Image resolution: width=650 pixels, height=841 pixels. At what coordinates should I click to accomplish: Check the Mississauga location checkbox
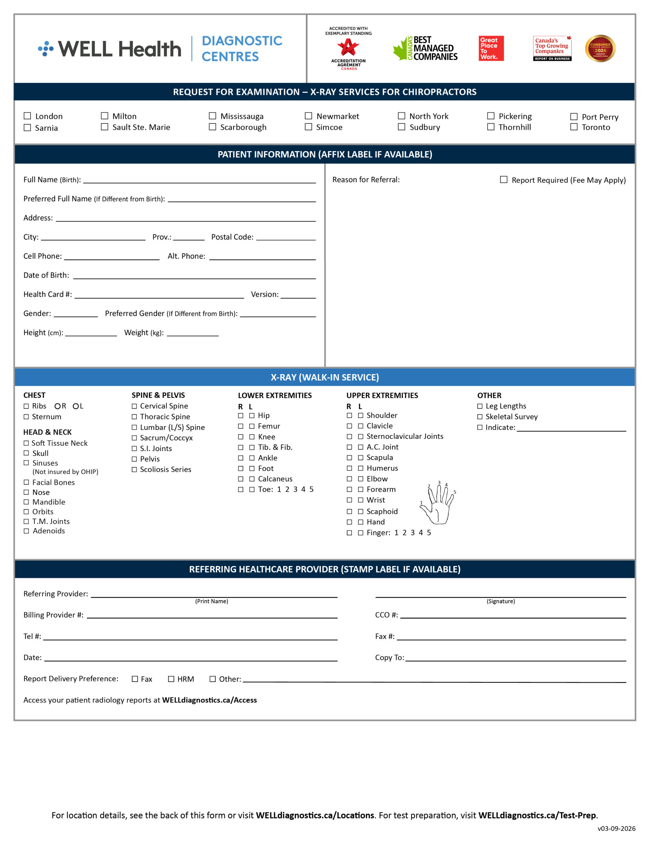212,116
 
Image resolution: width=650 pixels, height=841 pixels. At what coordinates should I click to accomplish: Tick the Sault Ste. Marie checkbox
104,127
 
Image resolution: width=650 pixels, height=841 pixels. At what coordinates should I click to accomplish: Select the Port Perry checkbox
574,117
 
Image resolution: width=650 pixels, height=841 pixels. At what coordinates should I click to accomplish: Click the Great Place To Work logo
491,49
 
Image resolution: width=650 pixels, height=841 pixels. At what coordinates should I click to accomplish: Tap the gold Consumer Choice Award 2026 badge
600,49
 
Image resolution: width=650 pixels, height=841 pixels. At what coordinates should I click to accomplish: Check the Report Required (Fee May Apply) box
503,180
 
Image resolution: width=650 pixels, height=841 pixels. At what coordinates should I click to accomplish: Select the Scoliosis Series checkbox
134,469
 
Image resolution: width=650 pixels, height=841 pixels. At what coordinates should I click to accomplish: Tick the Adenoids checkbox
26,531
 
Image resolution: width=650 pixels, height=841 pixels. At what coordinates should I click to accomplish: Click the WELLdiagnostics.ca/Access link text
209,700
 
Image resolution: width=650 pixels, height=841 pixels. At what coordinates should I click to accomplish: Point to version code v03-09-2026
616,828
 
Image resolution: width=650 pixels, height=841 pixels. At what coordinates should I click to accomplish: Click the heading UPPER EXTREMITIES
382,396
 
